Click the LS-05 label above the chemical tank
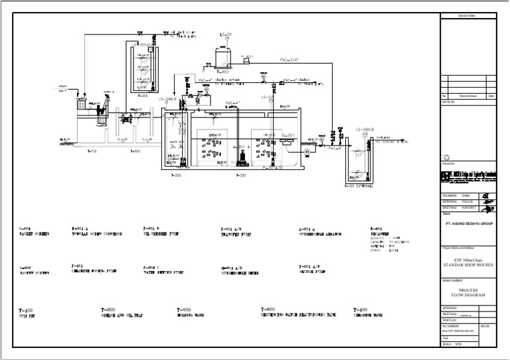click(x=226, y=35)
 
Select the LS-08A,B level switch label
click(x=365, y=129)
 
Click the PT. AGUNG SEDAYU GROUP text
click(x=468, y=225)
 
